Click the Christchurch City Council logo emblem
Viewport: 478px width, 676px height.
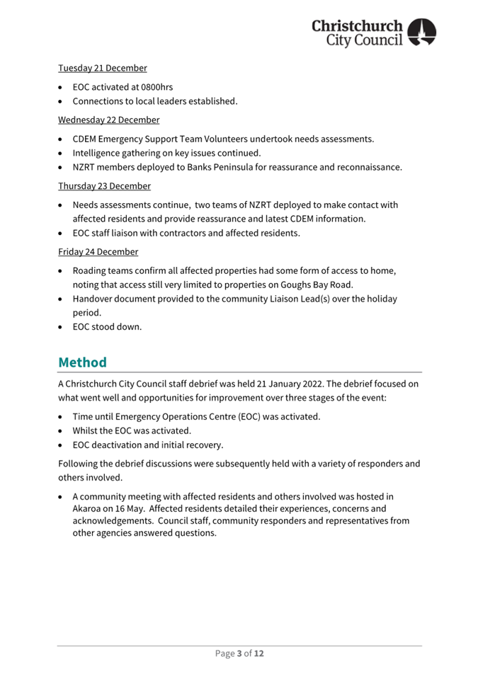coord(422,33)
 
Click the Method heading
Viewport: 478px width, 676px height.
coord(82,362)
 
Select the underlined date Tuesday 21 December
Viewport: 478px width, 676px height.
coord(102,68)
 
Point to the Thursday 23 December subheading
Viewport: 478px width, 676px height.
coord(104,186)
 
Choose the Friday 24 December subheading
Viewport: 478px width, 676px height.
coord(98,251)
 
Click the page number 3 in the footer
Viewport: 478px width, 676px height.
coord(239,653)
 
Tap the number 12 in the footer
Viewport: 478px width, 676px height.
coord(258,653)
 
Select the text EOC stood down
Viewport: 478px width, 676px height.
coord(107,327)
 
